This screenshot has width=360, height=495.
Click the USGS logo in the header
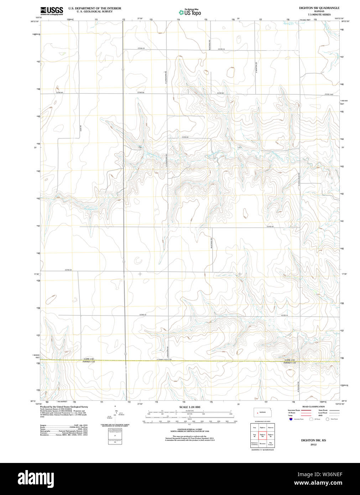(x=52, y=10)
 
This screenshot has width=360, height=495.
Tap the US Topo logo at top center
(x=190, y=12)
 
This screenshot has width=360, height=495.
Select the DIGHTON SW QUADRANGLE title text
(x=319, y=8)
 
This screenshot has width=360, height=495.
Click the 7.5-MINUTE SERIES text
(x=319, y=15)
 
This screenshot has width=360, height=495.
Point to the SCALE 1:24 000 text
(x=189, y=407)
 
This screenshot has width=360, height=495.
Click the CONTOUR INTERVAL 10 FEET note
(x=189, y=430)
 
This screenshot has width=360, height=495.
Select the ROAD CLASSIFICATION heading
(x=313, y=407)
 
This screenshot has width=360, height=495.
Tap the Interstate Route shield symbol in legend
(x=291, y=419)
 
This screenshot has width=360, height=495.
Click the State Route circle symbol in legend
(x=327, y=419)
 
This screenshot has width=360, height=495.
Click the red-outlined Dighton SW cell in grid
(x=262, y=435)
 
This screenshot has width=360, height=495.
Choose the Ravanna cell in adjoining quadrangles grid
(x=262, y=444)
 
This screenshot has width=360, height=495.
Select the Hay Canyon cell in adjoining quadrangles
(x=271, y=444)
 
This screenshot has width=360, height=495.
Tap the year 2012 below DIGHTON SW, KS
(x=313, y=444)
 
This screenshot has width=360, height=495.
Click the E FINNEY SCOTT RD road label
(x=164, y=359)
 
